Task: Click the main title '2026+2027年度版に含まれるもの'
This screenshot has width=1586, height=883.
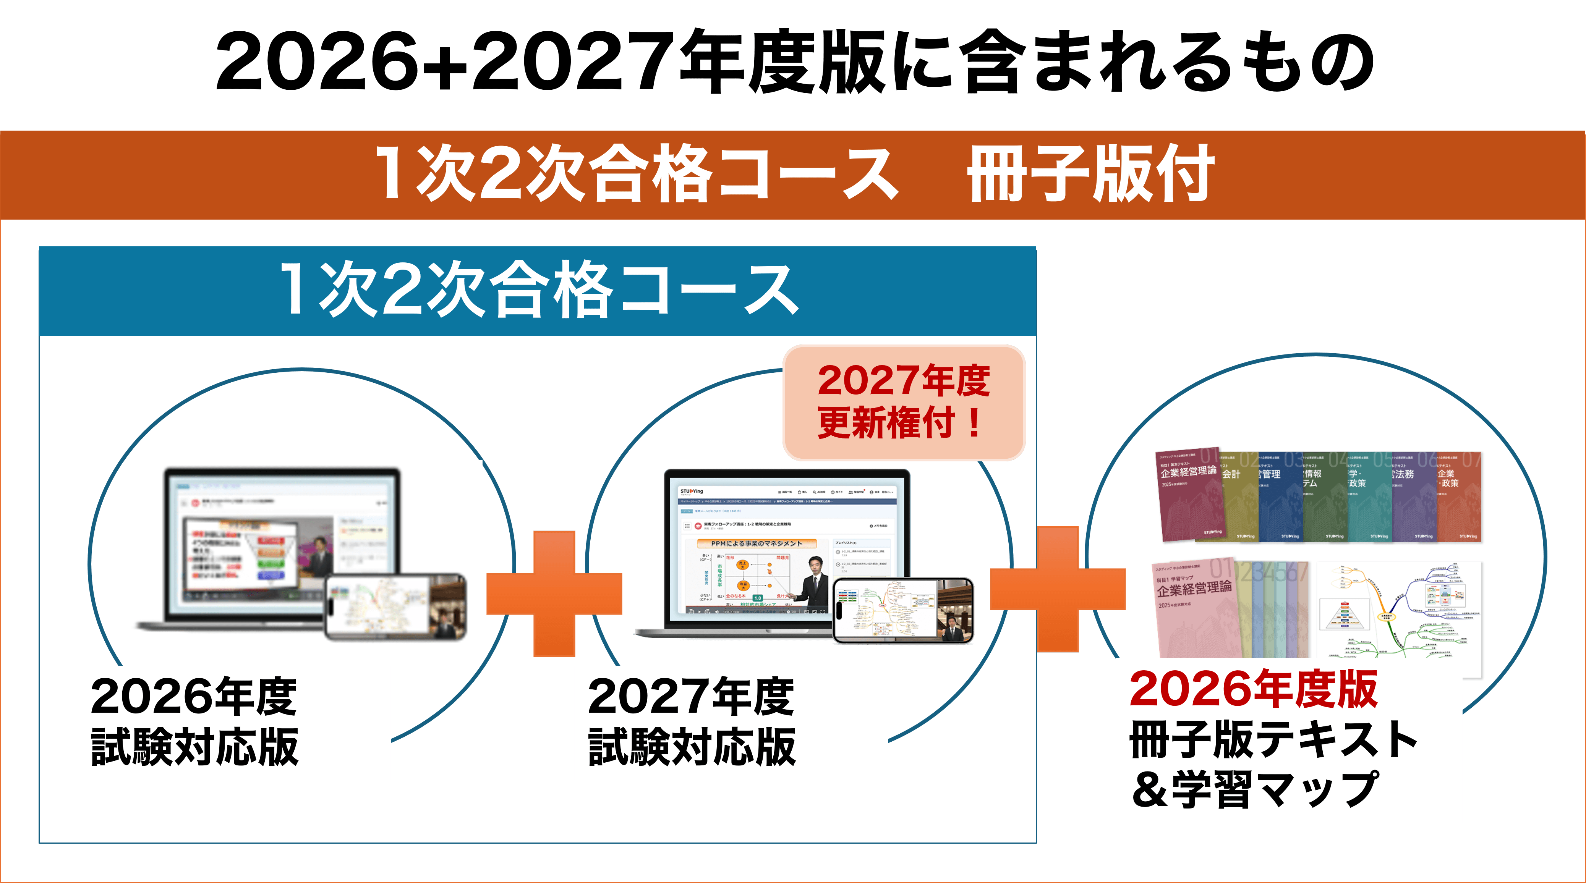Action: pyautogui.click(x=794, y=61)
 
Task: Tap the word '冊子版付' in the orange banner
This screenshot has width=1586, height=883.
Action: pyautogui.click(x=1090, y=174)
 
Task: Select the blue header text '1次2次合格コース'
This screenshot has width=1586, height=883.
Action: pyautogui.click(x=539, y=289)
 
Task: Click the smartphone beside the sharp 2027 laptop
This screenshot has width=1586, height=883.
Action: pyautogui.click(x=902, y=610)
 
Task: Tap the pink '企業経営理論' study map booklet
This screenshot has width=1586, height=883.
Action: pyautogui.click(x=1194, y=609)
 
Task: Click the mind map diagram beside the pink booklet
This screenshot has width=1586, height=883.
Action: pyautogui.click(x=1398, y=615)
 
